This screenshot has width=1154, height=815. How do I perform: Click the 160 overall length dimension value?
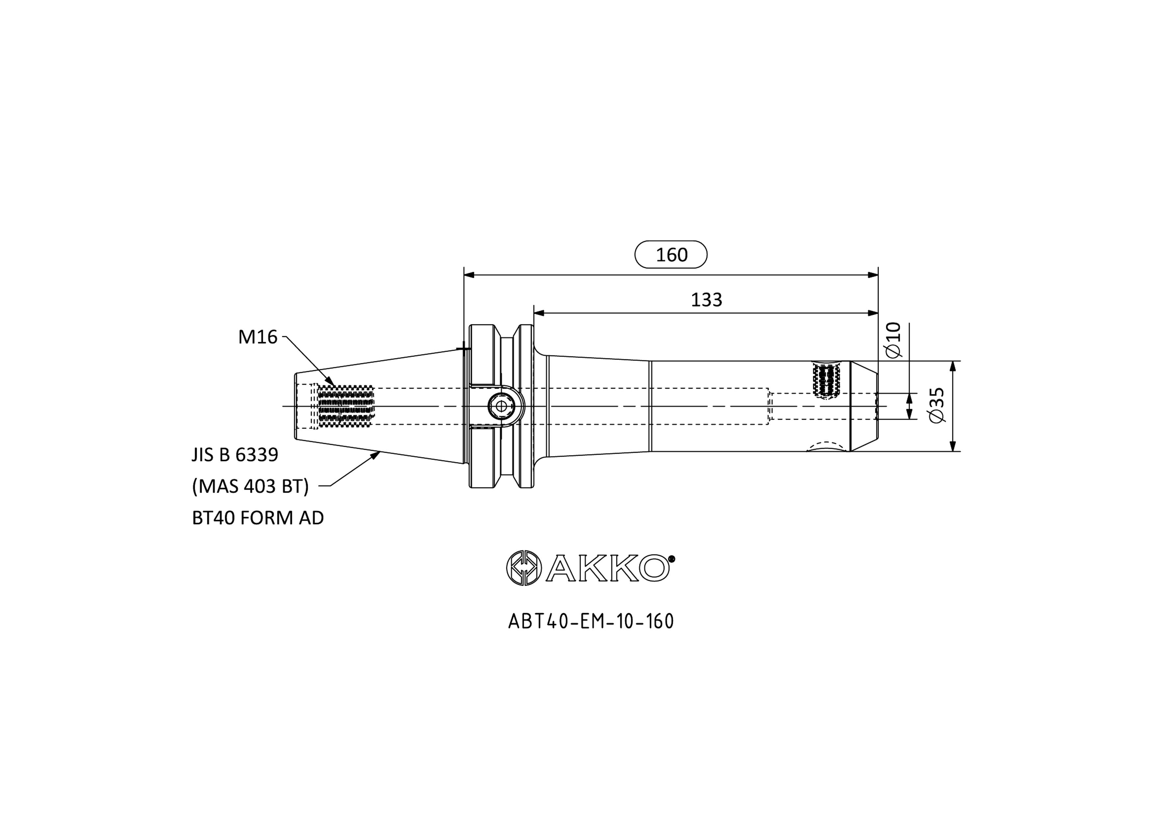(x=671, y=255)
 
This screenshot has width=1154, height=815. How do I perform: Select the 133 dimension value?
(x=706, y=300)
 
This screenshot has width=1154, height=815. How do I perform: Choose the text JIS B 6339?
(x=235, y=455)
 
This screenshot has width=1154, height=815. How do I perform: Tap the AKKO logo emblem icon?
(x=523, y=568)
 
